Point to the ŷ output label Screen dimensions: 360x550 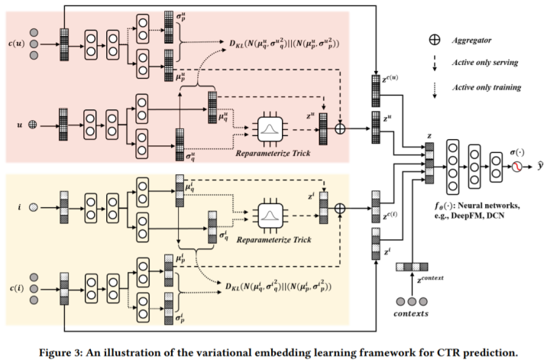click(539, 167)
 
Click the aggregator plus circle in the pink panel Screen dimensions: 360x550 click(340, 128)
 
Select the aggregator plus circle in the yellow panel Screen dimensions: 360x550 click(340, 208)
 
